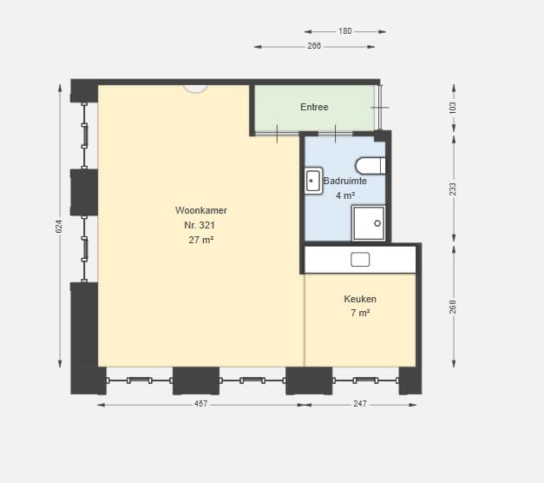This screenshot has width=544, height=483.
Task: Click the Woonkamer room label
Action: pos(201,210)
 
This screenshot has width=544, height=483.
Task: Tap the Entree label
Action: pos(314,107)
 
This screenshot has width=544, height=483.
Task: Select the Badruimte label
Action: pos(344,181)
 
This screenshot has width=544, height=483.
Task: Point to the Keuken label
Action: pos(360,299)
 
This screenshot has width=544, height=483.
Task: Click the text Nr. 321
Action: pos(200,225)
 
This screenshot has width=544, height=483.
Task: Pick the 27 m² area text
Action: pos(201,240)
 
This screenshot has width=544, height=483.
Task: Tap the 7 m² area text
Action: pos(360,313)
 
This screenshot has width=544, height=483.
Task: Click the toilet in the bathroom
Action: pos(370,166)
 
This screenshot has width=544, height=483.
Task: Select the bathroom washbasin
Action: pos(313,181)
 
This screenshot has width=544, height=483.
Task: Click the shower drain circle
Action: pos(377,223)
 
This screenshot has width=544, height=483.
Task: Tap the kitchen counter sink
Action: pos(360,260)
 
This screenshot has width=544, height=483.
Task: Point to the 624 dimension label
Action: pos(59,226)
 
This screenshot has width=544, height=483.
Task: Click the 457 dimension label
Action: pos(201,404)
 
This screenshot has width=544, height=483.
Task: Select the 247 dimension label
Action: pos(360,404)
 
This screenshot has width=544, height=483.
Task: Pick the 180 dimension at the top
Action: pos(345,31)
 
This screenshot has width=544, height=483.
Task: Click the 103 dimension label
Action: pos(453,108)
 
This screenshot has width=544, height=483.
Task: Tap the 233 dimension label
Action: pos(453,189)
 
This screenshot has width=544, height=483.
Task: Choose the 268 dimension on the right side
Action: pos(453,307)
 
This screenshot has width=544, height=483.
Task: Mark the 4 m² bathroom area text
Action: pos(345,195)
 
